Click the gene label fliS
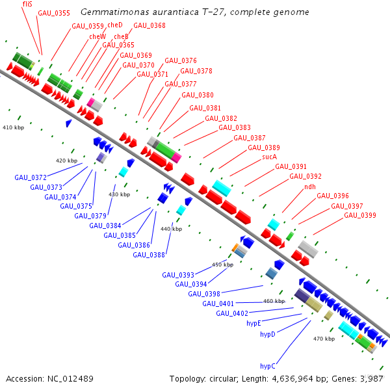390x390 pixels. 28,4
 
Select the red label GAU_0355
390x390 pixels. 54,12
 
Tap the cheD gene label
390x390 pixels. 115,25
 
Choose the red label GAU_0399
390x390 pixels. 360,215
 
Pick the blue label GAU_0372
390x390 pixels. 31,177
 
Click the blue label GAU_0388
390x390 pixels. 149,255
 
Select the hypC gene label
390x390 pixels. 268,366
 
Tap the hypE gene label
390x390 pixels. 253,323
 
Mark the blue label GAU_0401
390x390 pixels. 218,304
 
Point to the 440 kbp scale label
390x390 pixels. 171,229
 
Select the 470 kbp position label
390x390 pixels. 323,339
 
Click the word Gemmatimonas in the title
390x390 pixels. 112,12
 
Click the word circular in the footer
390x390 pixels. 227,378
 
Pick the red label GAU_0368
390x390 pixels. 149,25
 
